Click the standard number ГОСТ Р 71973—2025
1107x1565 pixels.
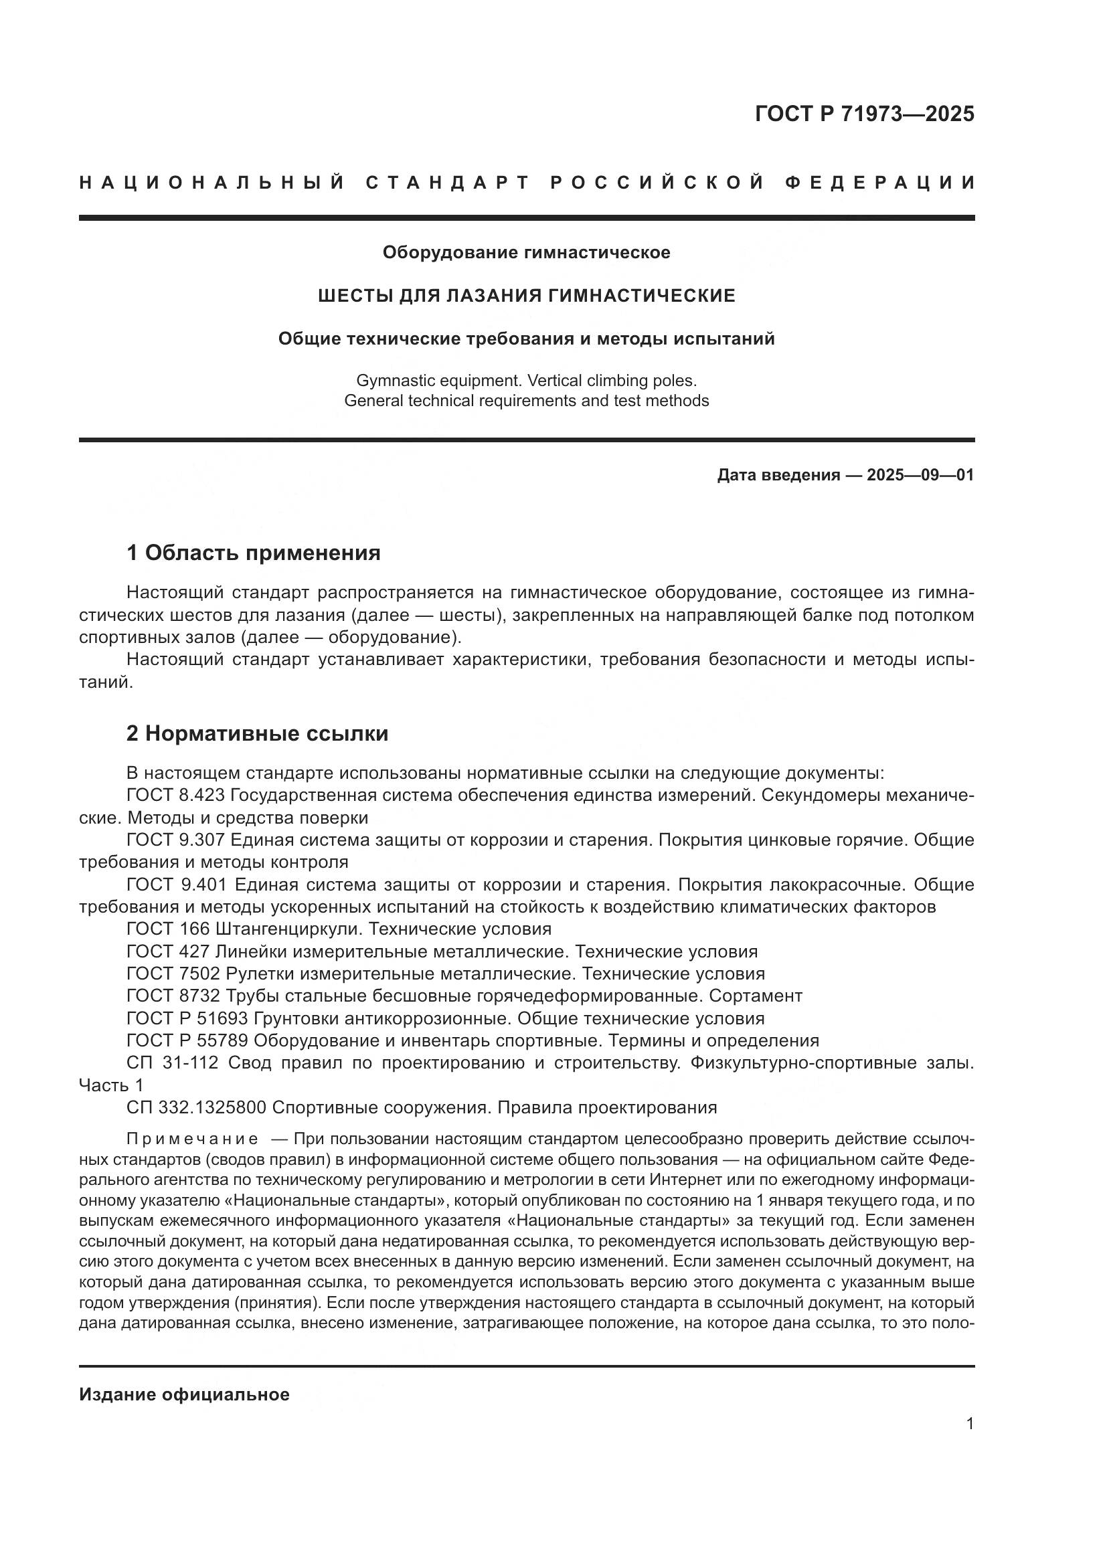tap(864, 114)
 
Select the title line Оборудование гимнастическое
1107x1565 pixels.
tap(526, 252)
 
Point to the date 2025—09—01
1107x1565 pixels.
tap(920, 475)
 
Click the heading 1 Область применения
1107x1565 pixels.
tap(254, 553)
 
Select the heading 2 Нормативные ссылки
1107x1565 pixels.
tap(258, 733)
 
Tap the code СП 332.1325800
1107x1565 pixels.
tap(196, 1107)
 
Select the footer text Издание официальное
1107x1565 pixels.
tap(184, 1394)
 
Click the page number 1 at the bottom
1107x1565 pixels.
tap(969, 1424)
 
